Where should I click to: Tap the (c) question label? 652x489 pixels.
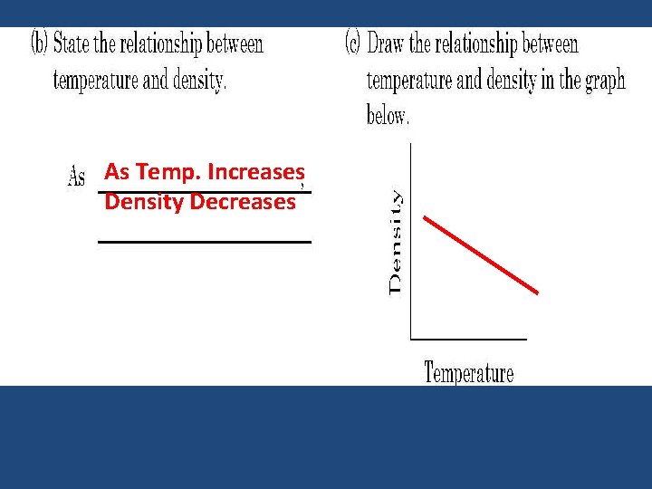[x=355, y=43]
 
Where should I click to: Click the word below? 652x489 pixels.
[x=388, y=116]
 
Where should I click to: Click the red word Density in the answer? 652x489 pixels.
[x=143, y=202]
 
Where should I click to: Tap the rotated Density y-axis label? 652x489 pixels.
[x=397, y=241]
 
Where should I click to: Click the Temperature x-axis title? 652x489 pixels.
[x=469, y=372]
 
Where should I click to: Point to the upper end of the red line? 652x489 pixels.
[x=425, y=216]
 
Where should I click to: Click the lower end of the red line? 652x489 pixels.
[x=538, y=292]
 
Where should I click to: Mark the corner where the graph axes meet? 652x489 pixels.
[x=411, y=339]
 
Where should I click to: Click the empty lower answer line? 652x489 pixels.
[x=204, y=242]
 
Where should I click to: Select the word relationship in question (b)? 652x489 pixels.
[x=154, y=43]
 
